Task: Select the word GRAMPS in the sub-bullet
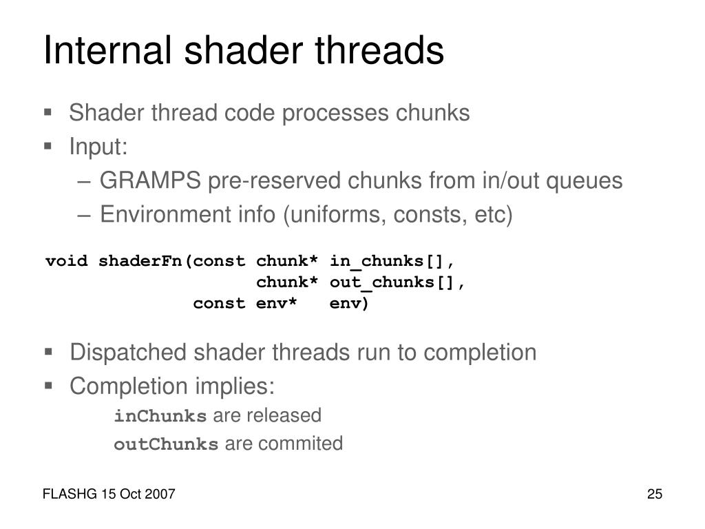[150, 181]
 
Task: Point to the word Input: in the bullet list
[98, 147]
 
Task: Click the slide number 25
[654, 495]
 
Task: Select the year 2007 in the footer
[161, 495]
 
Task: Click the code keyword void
[67, 261]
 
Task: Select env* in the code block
[277, 303]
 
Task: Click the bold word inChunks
[160, 416]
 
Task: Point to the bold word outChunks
[165, 444]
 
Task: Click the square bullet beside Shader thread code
[48, 112]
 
